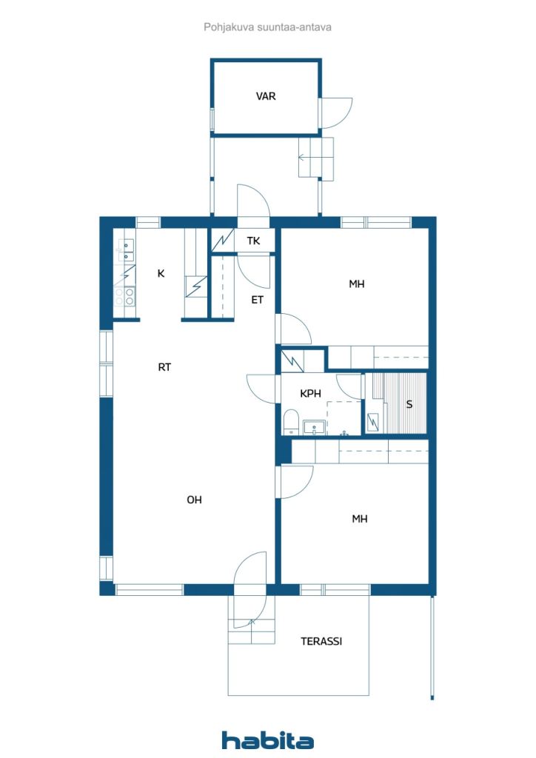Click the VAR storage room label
click(266, 96)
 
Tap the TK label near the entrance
click(253, 241)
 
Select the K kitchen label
click(161, 274)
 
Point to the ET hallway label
click(257, 301)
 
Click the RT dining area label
click(164, 367)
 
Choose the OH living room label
click(194, 500)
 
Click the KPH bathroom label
click(310, 394)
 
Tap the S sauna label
click(409, 404)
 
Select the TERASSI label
click(321, 642)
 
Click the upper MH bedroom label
click(357, 284)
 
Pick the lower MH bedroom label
click(360, 519)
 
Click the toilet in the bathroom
click(291, 421)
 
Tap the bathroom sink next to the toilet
click(315, 427)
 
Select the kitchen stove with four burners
click(124, 296)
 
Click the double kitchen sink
click(124, 250)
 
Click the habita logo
click(267, 740)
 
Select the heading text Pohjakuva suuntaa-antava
click(267, 27)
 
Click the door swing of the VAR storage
click(336, 113)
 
